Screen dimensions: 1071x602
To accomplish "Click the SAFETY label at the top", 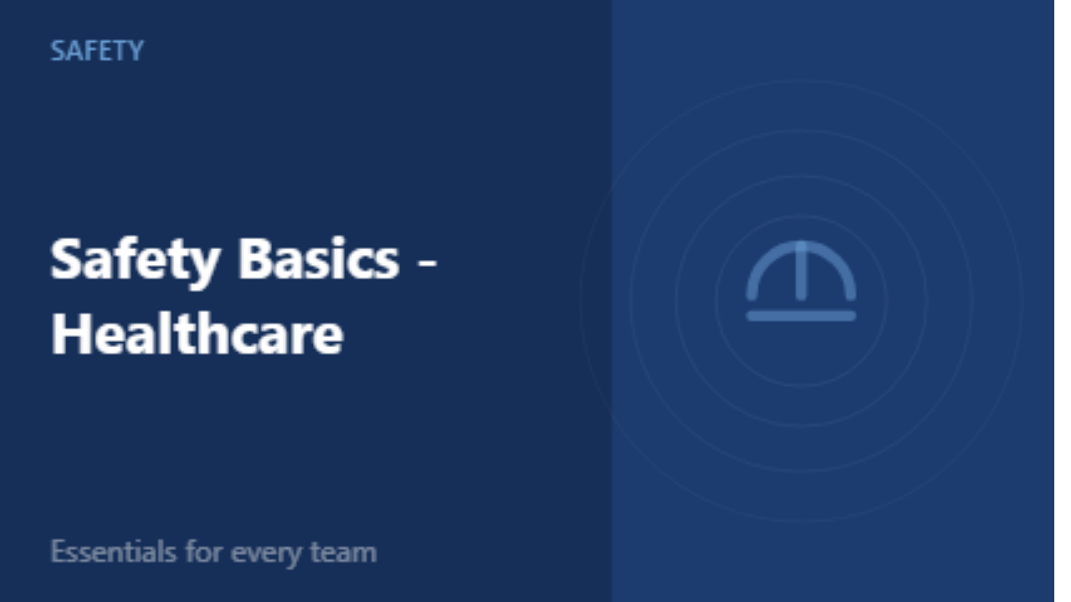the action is [x=97, y=50].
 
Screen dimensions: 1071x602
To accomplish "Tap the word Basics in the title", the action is [x=319, y=258].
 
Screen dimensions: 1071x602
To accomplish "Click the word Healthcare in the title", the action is [x=197, y=333].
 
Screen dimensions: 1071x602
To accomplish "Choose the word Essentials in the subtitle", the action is [x=113, y=552].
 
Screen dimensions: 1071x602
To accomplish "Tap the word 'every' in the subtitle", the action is [x=266, y=555].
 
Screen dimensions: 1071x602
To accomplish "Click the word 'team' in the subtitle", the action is [x=343, y=553].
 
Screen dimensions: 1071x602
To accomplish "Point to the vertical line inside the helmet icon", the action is [x=802, y=270].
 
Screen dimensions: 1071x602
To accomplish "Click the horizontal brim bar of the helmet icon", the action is [x=802, y=316].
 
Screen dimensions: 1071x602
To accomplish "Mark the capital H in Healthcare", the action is [x=69, y=333].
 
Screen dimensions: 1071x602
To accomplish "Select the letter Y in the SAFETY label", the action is [x=136, y=51].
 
